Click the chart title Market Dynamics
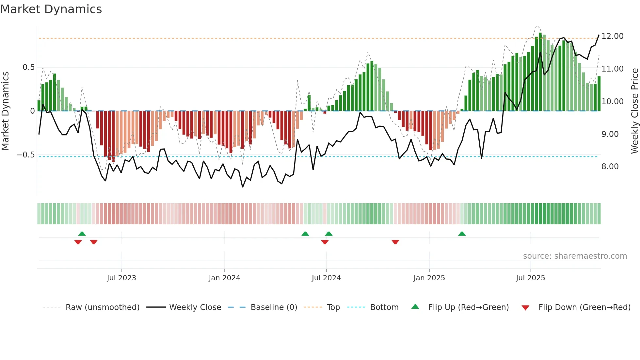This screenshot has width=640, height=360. (x=51, y=9)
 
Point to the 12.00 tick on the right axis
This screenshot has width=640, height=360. (x=612, y=36)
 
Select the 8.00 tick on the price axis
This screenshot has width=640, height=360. (x=610, y=167)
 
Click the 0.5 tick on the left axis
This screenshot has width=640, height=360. (x=28, y=67)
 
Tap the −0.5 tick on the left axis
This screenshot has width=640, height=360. (x=26, y=155)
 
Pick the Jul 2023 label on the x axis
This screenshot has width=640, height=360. (x=121, y=278)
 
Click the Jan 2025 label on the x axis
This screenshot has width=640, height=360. (x=429, y=278)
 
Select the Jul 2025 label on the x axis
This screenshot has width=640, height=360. (x=530, y=278)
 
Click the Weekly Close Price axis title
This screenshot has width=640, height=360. (x=634, y=111)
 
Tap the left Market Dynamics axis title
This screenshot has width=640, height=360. (x=5, y=111)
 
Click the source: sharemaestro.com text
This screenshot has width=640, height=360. (x=575, y=256)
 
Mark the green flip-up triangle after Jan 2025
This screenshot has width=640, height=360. (x=462, y=234)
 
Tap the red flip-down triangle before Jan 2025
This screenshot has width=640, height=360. (x=395, y=242)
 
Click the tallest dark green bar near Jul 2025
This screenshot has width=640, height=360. (x=540, y=72)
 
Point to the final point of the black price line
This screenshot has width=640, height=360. (x=599, y=35)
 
